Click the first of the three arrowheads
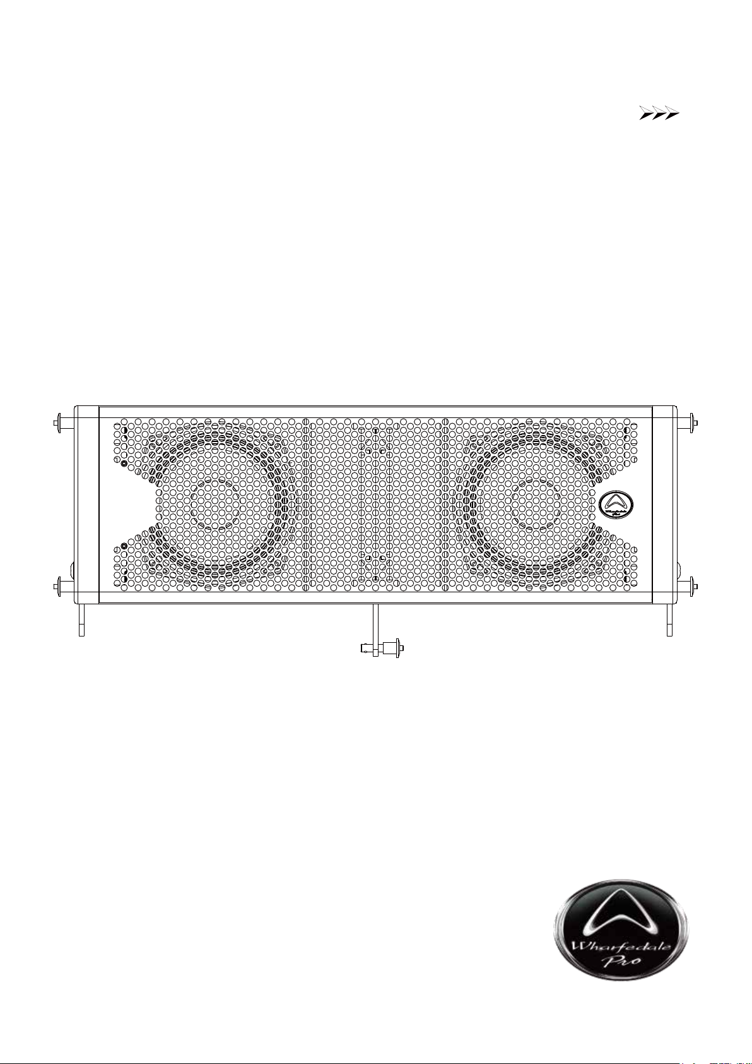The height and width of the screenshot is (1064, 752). point(646,114)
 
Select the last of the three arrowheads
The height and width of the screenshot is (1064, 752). point(672,114)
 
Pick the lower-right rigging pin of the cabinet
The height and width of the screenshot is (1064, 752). point(687,583)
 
